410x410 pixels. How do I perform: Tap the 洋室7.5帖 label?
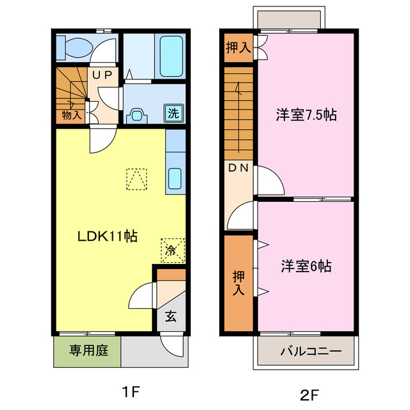pyautogui.click(x=306, y=115)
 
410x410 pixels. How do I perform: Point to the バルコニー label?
pyautogui.click(x=306, y=352)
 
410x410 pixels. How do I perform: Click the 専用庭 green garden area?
pyautogui.click(x=86, y=351)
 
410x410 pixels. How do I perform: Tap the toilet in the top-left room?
pyautogui.click(x=74, y=47)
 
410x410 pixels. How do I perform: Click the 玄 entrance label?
pyautogui.click(x=171, y=316)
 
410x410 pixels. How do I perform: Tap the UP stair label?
pyautogui.click(x=103, y=75)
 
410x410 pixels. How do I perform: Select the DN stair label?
pyautogui.click(x=240, y=168)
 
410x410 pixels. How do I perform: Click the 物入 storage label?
pyautogui.click(x=72, y=115)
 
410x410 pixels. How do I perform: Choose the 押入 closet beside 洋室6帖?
pyautogui.click(x=239, y=283)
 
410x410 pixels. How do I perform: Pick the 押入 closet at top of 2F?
pyautogui.click(x=238, y=47)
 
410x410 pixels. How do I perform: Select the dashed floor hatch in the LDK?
pyautogui.click(x=136, y=179)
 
